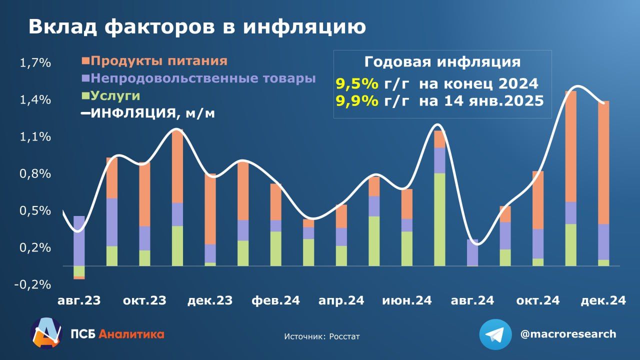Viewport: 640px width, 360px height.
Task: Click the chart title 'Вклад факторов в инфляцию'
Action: point(196,27)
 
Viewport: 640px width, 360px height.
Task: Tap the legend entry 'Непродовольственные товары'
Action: point(203,79)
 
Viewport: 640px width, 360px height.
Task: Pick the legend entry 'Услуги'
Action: point(115,96)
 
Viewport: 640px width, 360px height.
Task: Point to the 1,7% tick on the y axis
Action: point(35,63)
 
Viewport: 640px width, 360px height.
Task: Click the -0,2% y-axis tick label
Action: point(33,284)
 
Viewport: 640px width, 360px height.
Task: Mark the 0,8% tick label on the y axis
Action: point(35,174)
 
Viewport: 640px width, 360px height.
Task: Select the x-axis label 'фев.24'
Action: point(275,301)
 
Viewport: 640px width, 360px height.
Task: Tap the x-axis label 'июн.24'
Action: point(406,301)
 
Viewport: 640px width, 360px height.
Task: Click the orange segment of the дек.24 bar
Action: point(603,162)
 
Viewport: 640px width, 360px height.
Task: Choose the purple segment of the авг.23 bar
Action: point(79,240)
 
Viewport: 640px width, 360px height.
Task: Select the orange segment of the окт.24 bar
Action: point(538,200)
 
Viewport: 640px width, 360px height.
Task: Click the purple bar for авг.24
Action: point(472,252)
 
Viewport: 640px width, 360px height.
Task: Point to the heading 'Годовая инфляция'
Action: point(442,62)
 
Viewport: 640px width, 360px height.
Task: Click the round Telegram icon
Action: point(495,334)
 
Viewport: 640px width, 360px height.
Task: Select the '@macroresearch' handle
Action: point(568,334)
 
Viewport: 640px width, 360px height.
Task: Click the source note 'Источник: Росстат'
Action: point(321,336)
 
